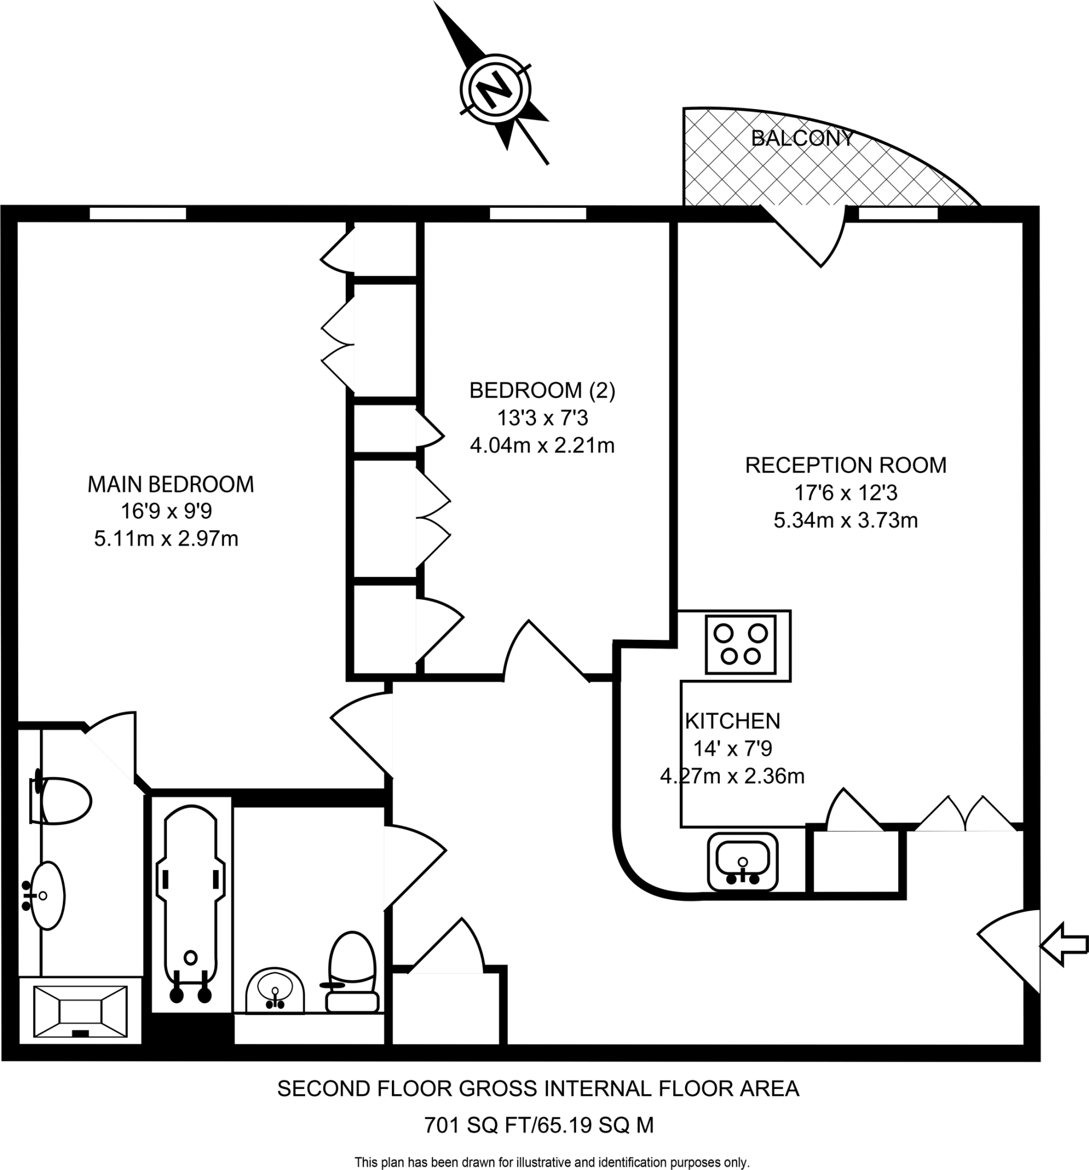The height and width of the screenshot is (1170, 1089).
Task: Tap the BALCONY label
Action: tap(802, 138)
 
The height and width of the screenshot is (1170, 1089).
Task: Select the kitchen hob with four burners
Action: tap(740, 644)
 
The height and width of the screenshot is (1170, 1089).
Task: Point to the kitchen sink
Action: tap(742, 860)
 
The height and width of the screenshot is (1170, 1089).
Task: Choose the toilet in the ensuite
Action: tap(62, 800)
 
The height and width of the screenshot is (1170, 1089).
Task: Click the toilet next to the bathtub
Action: tap(352, 971)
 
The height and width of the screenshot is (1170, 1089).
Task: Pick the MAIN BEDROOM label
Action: tap(171, 484)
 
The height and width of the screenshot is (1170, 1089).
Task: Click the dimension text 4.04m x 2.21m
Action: tap(542, 446)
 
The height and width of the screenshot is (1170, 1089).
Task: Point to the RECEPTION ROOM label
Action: tap(845, 465)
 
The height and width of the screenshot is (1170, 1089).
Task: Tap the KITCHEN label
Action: tap(732, 721)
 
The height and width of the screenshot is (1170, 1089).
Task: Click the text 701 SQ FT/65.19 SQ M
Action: tap(539, 1125)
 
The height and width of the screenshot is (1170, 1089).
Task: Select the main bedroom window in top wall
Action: tap(138, 213)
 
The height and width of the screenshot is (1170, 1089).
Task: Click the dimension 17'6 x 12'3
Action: tap(845, 492)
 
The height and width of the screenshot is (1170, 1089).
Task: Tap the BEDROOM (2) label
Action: tap(542, 390)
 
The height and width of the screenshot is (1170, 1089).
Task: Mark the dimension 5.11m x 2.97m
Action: tap(166, 539)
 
